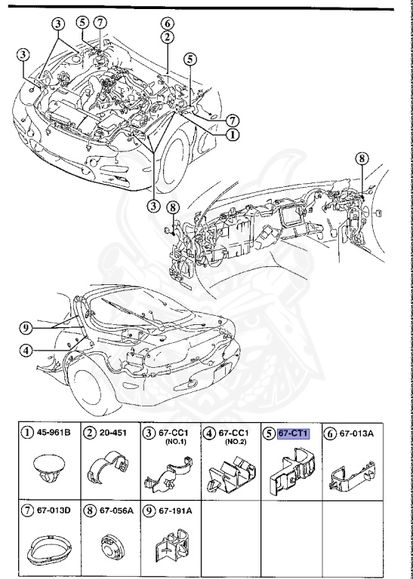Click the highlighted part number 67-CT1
(x=293, y=433)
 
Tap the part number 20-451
(x=112, y=432)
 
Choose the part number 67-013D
(x=54, y=510)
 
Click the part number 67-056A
(x=116, y=510)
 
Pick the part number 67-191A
(x=175, y=510)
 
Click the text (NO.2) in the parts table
(x=235, y=441)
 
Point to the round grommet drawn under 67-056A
(x=112, y=547)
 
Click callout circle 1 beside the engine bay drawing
(x=233, y=135)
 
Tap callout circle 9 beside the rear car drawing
(x=25, y=328)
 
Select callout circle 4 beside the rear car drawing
(x=26, y=350)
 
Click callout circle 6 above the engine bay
(x=168, y=23)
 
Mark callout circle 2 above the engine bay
(x=168, y=37)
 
